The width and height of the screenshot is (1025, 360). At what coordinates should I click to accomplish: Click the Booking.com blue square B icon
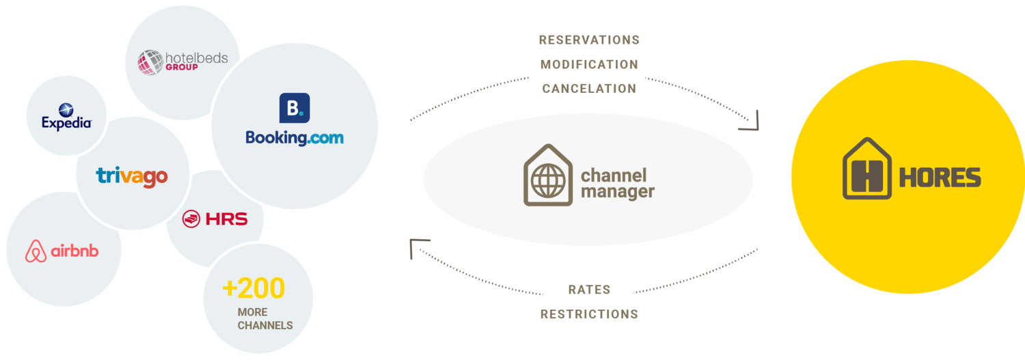[x=295, y=108]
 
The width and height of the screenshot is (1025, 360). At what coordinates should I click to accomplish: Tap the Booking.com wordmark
[x=295, y=137]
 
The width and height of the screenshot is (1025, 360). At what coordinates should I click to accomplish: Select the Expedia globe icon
[x=66, y=109]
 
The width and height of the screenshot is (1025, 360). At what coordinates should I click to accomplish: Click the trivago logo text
[x=132, y=176]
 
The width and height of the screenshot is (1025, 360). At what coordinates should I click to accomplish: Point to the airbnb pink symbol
[x=36, y=251]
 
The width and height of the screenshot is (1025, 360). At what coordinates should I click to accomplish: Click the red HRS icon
[x=191, y=219]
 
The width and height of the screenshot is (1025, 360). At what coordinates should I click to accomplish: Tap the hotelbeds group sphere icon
[x=150, y=61]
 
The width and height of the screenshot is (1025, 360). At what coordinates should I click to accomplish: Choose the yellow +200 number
[x=253, y=289]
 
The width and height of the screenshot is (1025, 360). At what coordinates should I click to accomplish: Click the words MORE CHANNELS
[x=265, y=319]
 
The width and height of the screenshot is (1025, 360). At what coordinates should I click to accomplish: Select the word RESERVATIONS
[x=589, y=40]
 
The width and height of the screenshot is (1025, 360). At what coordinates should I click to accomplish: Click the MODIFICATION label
[x=589, y=65]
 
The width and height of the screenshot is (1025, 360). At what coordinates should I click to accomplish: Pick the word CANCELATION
[x=589, y=89]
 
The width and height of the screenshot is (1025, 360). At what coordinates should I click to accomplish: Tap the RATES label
[x=589, y=290]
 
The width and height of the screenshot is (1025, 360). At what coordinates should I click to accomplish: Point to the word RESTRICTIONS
[x=589, y=314]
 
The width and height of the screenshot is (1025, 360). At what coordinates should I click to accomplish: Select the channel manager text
[x=617, y=184]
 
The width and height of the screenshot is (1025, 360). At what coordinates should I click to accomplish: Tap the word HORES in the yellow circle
[x=940, y=178]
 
